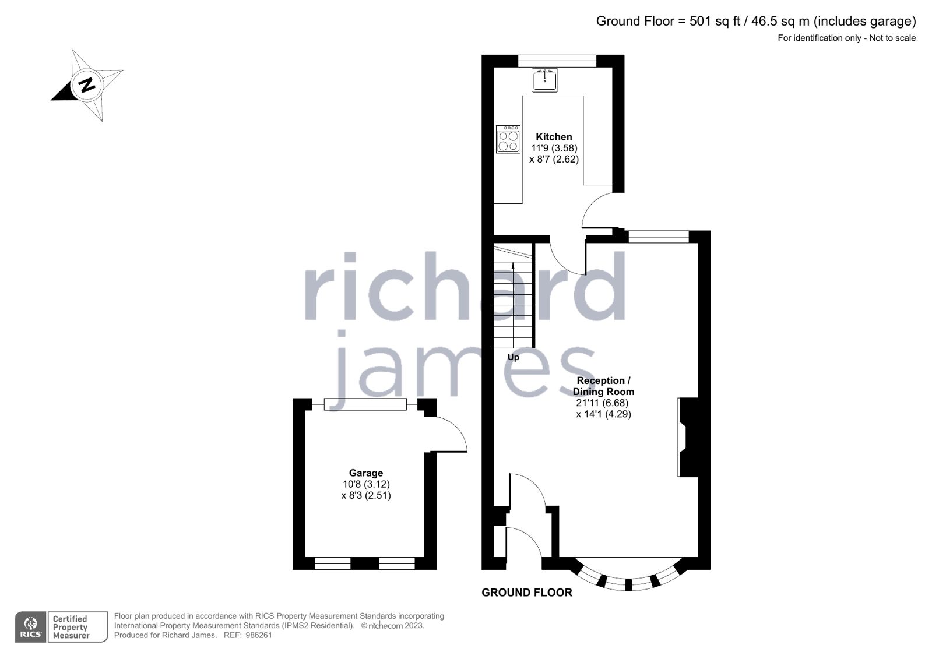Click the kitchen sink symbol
coord(545,80)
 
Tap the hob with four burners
coord(508,140)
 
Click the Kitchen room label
coord(554,137)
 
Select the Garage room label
coord(366,473)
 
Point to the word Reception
coord(600,380)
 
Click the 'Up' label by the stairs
coord(513,357)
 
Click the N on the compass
coord(87,84)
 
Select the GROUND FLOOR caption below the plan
coord(527,593)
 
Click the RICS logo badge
coord(30,627)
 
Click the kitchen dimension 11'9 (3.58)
coord(554,148)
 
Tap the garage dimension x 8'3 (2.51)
coord(366,495)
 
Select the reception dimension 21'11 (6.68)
coord(602,403)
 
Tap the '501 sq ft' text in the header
coord(715,22)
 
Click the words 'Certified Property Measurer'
coord(71,627)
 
